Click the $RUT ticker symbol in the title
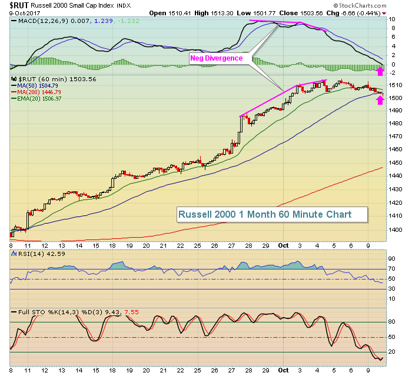click(19, 5)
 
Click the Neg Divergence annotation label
click(215, 58)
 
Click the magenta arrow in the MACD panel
click(380, 71)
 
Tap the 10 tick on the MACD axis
click(393, 19)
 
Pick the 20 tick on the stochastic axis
click(393, 352)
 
